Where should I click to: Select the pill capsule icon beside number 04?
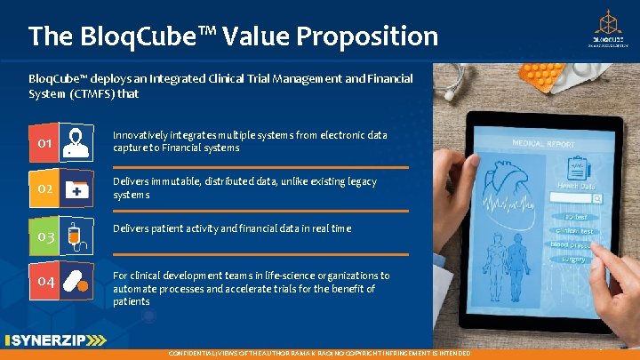tap(78, 279)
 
